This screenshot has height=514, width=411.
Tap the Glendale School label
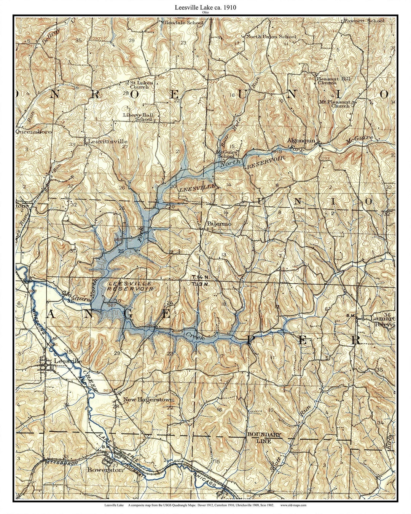tap(183, 22)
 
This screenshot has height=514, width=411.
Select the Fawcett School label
tap(364, 21)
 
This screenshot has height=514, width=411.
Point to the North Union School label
tap(271, 37)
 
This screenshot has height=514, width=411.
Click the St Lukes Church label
tap(141, 85)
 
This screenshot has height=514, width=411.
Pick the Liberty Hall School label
tap(138, 117)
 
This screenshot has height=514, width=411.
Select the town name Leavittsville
tap(107, 141)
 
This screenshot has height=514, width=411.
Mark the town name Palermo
tap(219, 224)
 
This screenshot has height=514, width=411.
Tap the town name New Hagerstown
tap(148, 400)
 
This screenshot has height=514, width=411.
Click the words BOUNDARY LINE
tap(264, 438)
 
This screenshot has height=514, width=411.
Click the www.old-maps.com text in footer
tap(293, 505)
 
